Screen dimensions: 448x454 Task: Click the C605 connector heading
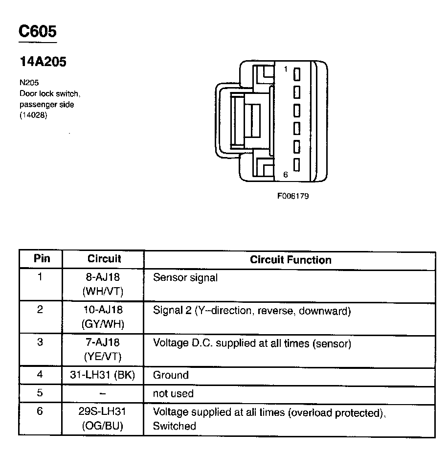[38, 31]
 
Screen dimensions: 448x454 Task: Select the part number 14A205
[43, 62]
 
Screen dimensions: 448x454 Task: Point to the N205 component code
[29, 83]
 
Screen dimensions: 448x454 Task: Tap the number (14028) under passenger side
[33, 115]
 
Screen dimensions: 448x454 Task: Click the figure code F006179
[293, 196]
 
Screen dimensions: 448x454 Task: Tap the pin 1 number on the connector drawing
[286, 69]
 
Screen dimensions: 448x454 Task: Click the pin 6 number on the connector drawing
[286, 174]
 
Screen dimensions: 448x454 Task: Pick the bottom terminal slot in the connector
[296, 164]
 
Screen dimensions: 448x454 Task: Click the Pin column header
[41, 259]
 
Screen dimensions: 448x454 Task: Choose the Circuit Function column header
[291, 260]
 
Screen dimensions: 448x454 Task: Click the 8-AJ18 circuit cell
[103, 277]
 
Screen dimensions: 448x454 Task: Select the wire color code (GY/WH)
[103, 324]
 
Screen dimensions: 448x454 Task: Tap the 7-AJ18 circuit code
[103, 342]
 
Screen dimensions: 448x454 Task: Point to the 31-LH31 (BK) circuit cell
[103, 375]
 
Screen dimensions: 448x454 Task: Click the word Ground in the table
[171, 375]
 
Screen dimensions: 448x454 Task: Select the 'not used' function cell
[173, 393]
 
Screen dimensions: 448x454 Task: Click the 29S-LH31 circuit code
[103, 411]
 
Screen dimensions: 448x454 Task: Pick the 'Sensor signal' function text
[185, 277]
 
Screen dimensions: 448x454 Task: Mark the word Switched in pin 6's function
[175, 426]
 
